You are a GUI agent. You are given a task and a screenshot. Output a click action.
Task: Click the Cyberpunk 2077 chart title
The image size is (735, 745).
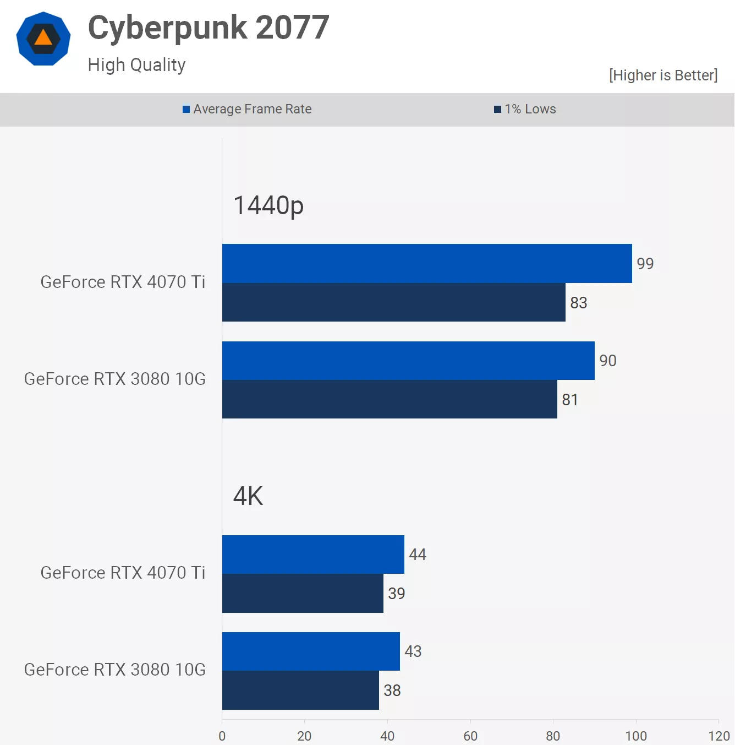209,28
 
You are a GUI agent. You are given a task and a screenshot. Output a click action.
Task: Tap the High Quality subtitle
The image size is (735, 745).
136,65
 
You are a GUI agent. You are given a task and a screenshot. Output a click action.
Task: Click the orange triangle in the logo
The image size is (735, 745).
43,38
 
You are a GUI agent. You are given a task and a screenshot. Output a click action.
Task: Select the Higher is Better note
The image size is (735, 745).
663,75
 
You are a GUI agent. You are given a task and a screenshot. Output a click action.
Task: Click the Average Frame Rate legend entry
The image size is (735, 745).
248,109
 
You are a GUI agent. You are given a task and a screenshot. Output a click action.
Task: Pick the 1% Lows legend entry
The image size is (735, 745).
525,109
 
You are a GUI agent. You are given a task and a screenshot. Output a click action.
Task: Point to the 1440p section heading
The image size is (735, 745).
268,205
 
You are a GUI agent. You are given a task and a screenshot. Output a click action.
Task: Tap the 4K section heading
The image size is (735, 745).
248,496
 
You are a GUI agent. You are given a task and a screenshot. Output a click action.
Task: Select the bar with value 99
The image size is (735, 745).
427,263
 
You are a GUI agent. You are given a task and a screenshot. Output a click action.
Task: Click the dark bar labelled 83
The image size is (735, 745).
394,302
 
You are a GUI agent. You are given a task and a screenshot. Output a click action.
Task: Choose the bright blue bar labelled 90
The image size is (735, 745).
408,361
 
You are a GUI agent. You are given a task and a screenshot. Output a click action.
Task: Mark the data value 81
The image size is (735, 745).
570,400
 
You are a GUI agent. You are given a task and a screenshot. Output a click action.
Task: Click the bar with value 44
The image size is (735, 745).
313,554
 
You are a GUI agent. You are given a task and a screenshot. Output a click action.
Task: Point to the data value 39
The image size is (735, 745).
397,594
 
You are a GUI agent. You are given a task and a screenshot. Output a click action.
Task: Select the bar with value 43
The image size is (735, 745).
311,651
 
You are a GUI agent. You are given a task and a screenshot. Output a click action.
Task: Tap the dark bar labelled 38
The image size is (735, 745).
300,690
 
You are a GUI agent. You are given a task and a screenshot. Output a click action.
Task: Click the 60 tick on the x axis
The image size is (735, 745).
470,736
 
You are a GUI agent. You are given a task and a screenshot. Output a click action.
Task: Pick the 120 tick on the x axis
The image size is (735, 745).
719,736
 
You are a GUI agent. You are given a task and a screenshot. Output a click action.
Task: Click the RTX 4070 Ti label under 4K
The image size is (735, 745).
123,573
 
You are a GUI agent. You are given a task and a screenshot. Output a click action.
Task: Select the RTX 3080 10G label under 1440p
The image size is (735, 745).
115,379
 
